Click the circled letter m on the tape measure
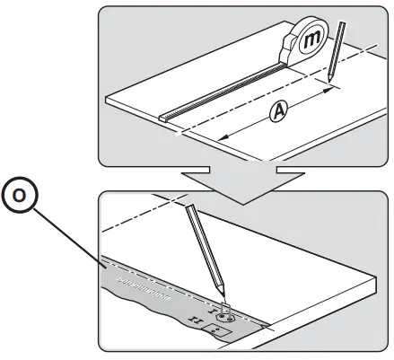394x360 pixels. tap(312, 40)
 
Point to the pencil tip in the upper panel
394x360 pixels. tap(328, 85)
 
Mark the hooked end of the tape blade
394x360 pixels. tap(163, 117)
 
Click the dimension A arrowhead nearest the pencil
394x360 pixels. tap(326, 92)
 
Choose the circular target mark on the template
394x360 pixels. tap(224, 316)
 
